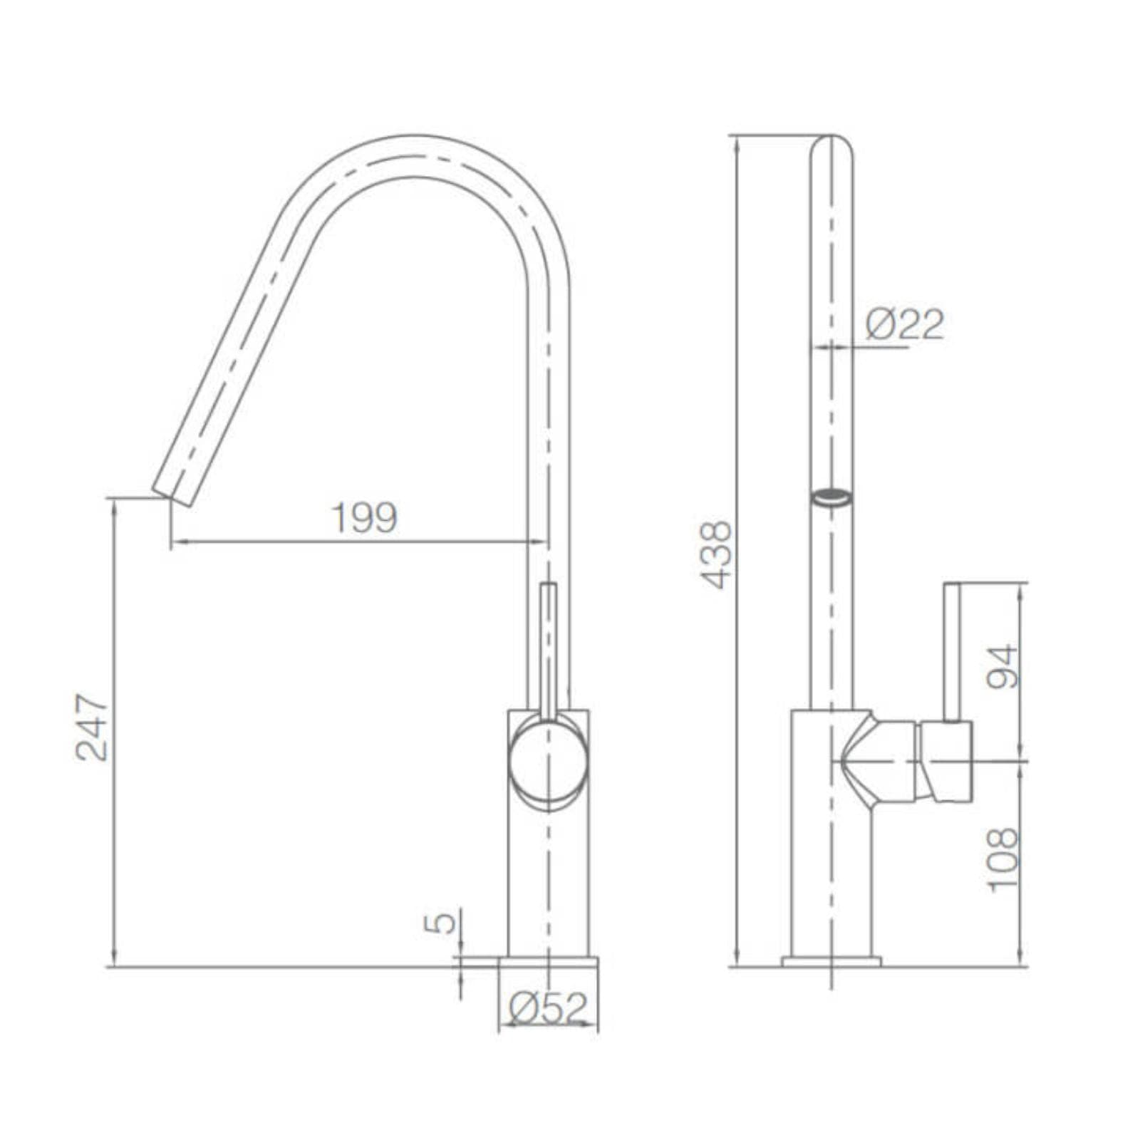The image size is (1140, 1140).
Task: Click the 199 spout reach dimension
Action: pyautogui.click(x=365, y=518)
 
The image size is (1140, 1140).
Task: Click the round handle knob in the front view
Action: pyautogui.click(x=548, y=762)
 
